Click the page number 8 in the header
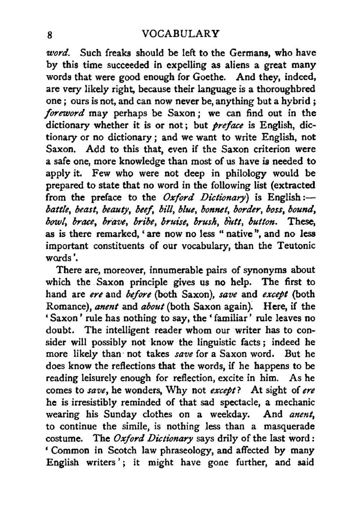coord(50,35)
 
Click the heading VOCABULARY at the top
coord(181,34)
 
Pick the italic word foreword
coord(65,113)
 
